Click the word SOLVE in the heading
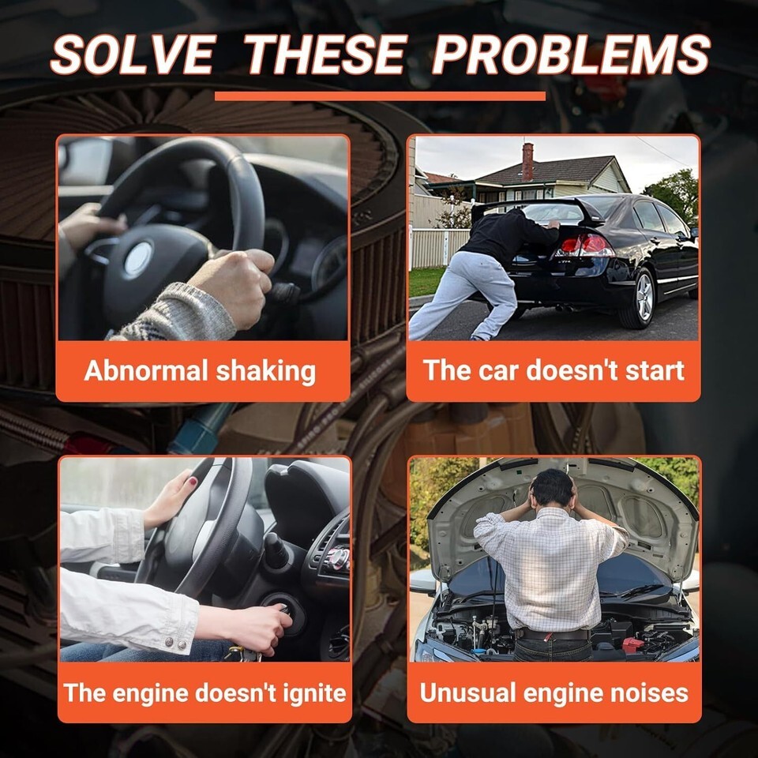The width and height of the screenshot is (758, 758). click(133, 54)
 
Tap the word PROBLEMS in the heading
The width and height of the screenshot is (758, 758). click(571, 54)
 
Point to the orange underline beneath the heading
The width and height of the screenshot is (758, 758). click(380, 96)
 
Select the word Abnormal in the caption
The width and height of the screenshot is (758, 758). click(146, 371)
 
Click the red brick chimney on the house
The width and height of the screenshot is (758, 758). click(527, 161)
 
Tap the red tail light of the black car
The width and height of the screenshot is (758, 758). click(585, 246)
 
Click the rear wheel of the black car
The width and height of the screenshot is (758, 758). click(639, 298)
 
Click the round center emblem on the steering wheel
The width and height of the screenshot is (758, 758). click(138, 259)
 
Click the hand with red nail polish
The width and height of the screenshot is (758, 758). click(171, 498)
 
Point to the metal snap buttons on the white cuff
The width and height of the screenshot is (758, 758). click(175, 643)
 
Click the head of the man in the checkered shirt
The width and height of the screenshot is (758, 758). click(552, 487)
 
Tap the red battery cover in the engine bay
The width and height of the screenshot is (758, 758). click(632, 644)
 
